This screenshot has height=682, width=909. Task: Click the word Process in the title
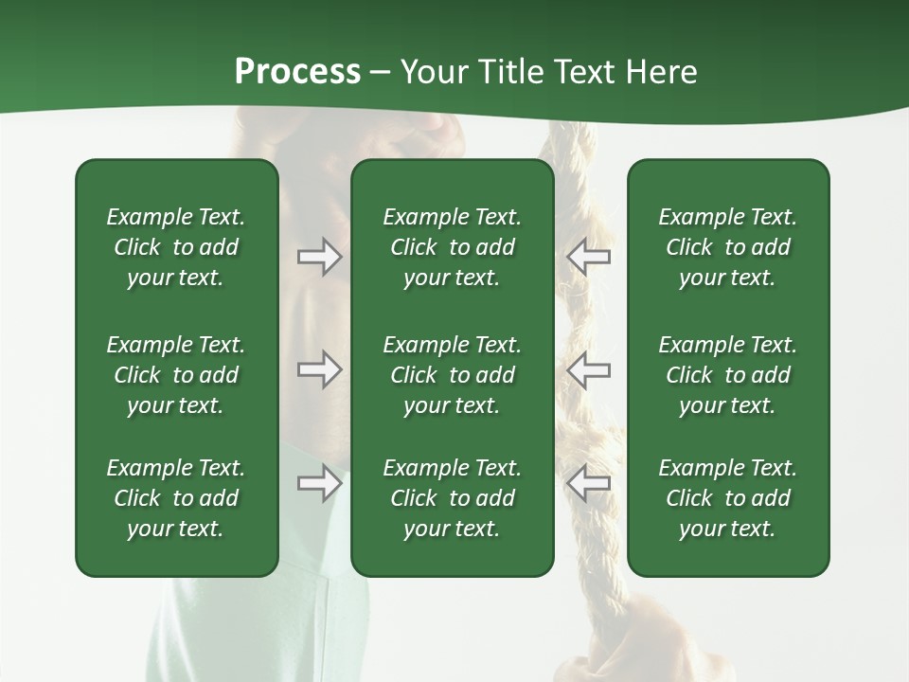pos(297,72)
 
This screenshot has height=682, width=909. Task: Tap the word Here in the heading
pos(662,72)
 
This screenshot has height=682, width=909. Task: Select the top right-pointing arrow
pos(319,257)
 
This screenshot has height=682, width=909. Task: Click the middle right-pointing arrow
pos(319,369)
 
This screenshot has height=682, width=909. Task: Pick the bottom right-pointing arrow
pos(319,483)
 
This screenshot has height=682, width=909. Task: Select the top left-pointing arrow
pos(588,257)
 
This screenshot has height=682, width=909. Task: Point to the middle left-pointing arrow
pos(588,369)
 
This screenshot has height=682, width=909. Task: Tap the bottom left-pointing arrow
pos(588,483)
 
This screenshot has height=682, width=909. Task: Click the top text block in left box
pos(176,247)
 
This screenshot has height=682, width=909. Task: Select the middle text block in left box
pos(176,375)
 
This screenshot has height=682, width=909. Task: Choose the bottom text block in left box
pos(176,498)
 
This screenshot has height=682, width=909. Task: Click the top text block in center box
pos(453,247)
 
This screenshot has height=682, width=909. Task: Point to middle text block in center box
pos(453,375)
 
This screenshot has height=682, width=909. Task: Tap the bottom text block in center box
pos(453,498)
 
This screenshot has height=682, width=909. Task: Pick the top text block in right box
pos(728,247)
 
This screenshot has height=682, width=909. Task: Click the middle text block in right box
pos(728,375)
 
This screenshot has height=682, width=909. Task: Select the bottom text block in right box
pos(728,498)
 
